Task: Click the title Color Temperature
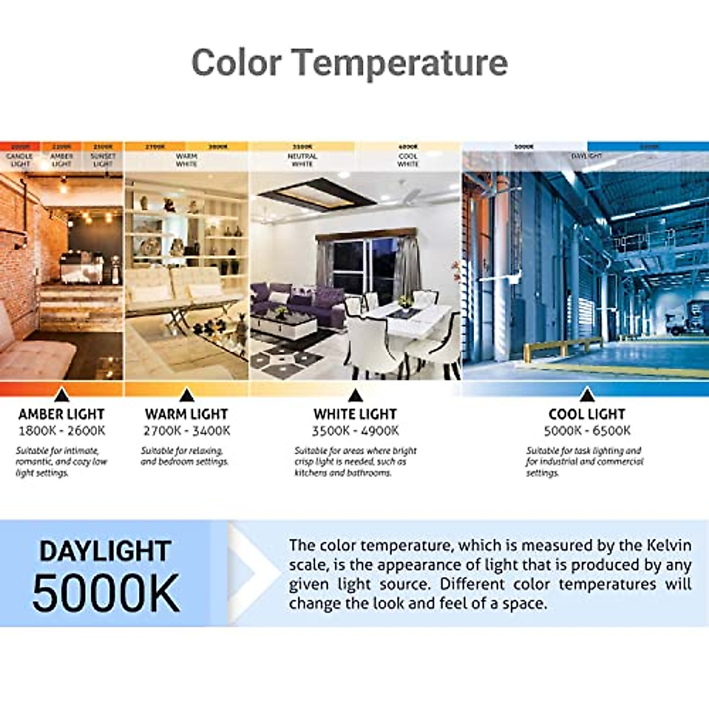[349, 63]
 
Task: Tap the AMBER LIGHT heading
[61, 414]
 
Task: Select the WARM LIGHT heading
[186, 414]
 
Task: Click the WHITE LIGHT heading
[355, 414]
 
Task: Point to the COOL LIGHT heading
[587, 414]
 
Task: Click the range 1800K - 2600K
[61, 431]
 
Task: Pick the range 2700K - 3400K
[187, 431]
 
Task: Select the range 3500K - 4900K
[355, 431]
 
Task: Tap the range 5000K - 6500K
[587, 431]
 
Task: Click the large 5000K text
[106, 593]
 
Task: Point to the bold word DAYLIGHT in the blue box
[106, 551]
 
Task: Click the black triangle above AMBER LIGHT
[61, 395]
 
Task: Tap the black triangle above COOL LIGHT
[587, 395]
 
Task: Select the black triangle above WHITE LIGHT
[355, 395]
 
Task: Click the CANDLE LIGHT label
[20, 160]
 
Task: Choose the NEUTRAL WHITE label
[302, 160]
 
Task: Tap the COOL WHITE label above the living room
[408, 160]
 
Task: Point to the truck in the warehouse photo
[679, 322]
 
